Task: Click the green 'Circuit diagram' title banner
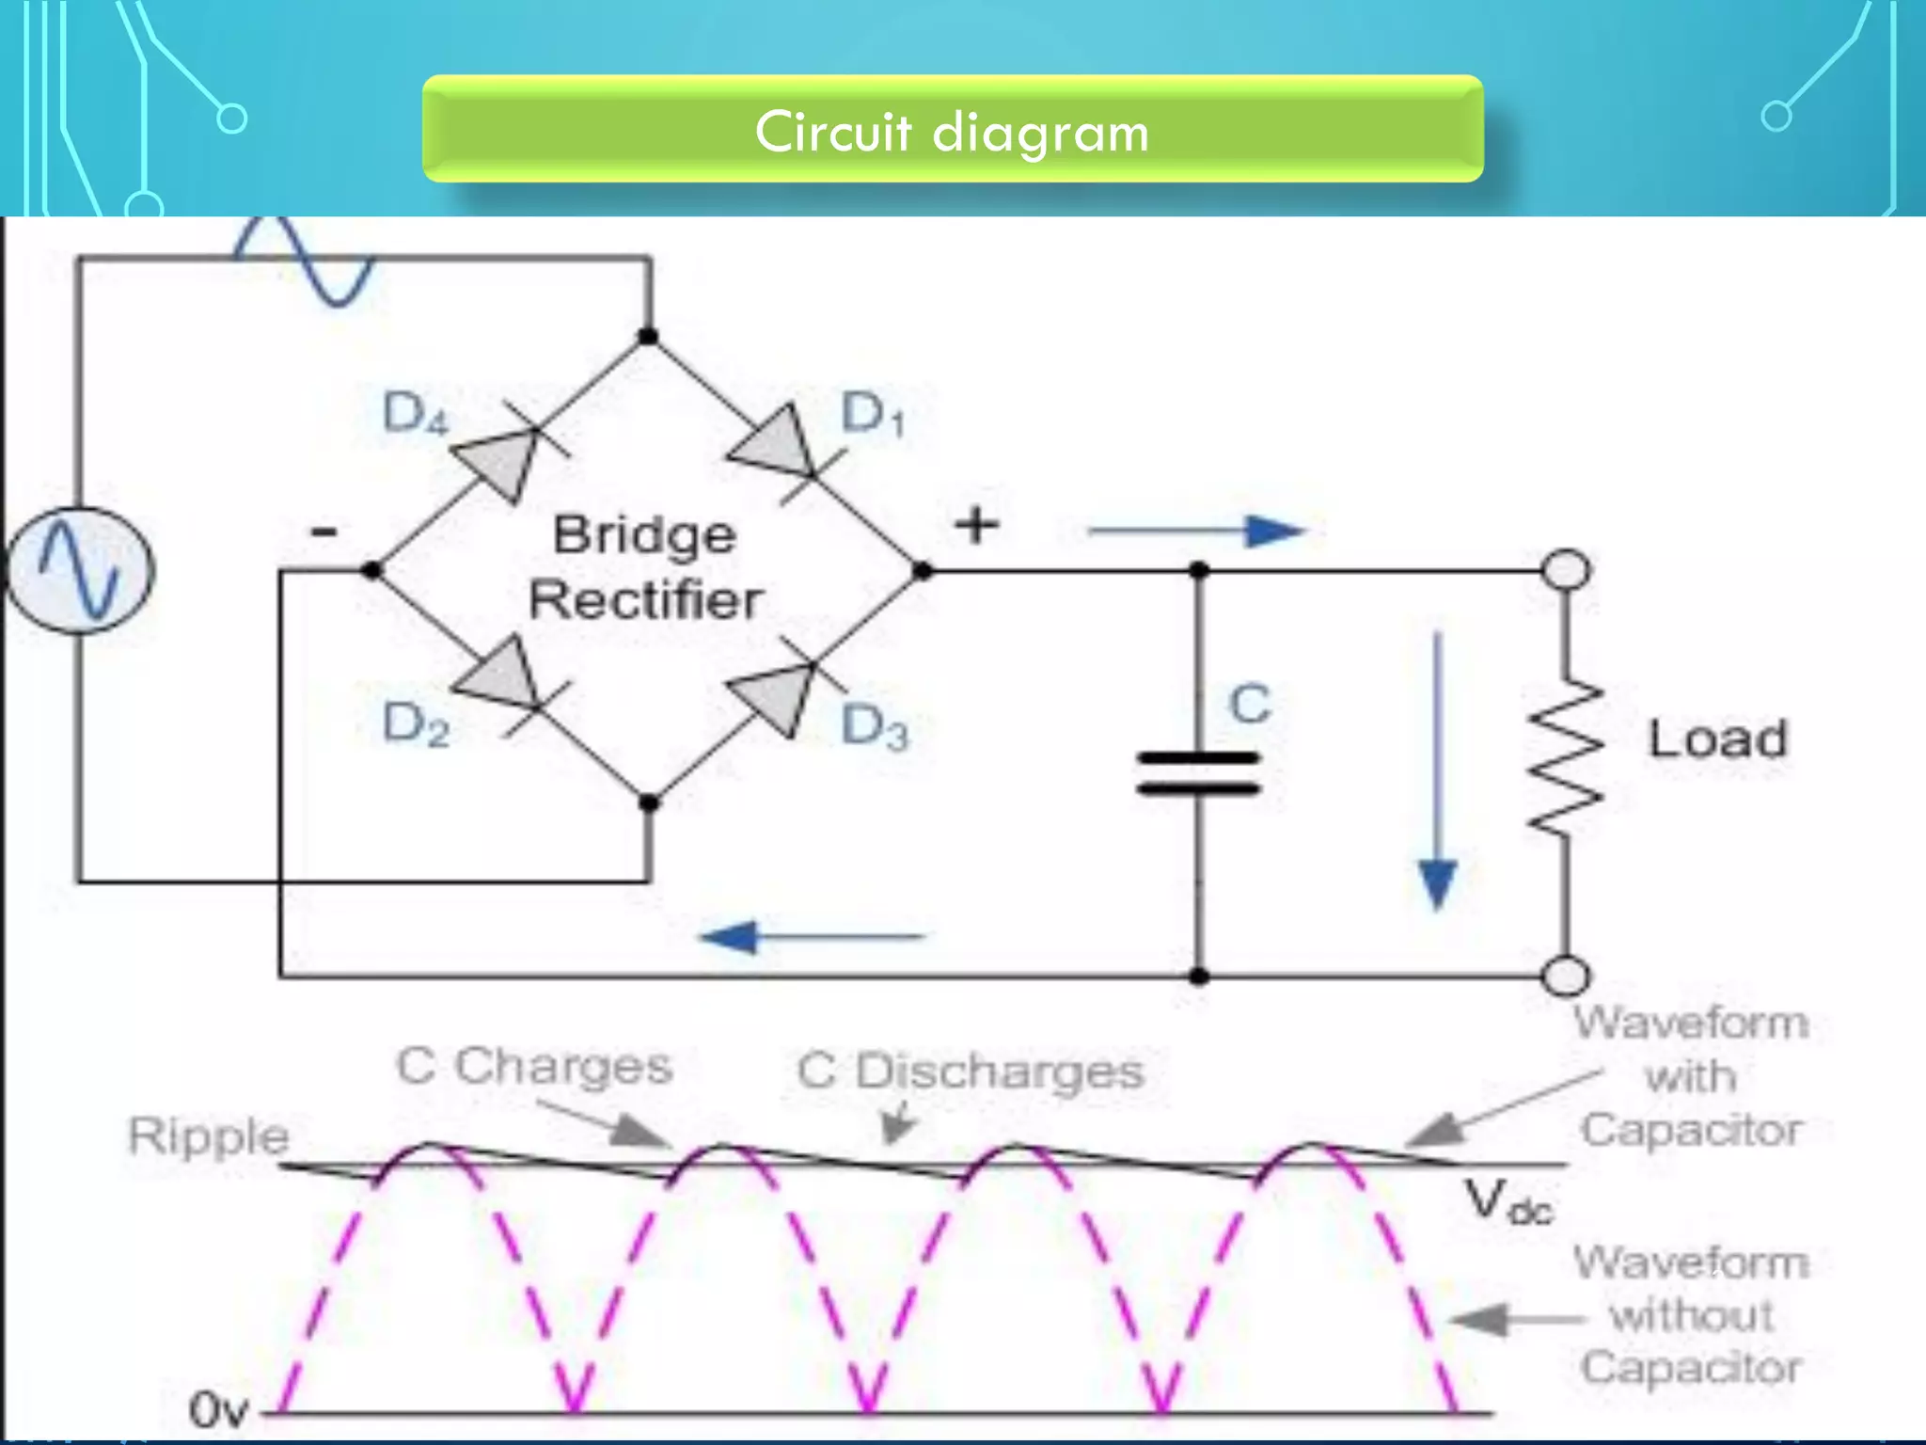(952, 129)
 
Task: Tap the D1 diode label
(871, 414)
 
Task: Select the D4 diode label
(415, 414)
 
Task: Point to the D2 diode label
(415, 725)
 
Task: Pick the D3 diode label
(874, 727)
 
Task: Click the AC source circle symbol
(80, 570)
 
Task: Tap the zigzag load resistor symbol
(1565, 757)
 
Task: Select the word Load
(1717, 738)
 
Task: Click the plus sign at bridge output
(976, 525)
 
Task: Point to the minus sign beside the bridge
(324, 532)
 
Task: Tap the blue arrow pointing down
(1437, 771)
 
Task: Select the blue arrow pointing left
(813, 937)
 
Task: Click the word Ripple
(208, 1135)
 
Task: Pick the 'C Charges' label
(534, 1067)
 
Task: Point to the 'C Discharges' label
(971, 1072)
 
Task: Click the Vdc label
(1508, 1202)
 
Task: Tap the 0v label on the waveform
(218, 1410)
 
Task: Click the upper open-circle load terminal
(1566, 570)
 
